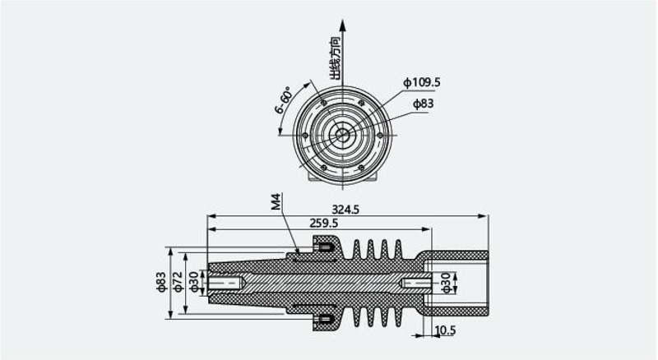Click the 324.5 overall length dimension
345,209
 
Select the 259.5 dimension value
323,223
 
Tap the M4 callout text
276,202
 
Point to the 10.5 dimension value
445,330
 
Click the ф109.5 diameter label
422,82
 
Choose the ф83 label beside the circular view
423,104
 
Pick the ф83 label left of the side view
161,282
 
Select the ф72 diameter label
178,282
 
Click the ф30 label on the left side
193,282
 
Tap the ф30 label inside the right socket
445,283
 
